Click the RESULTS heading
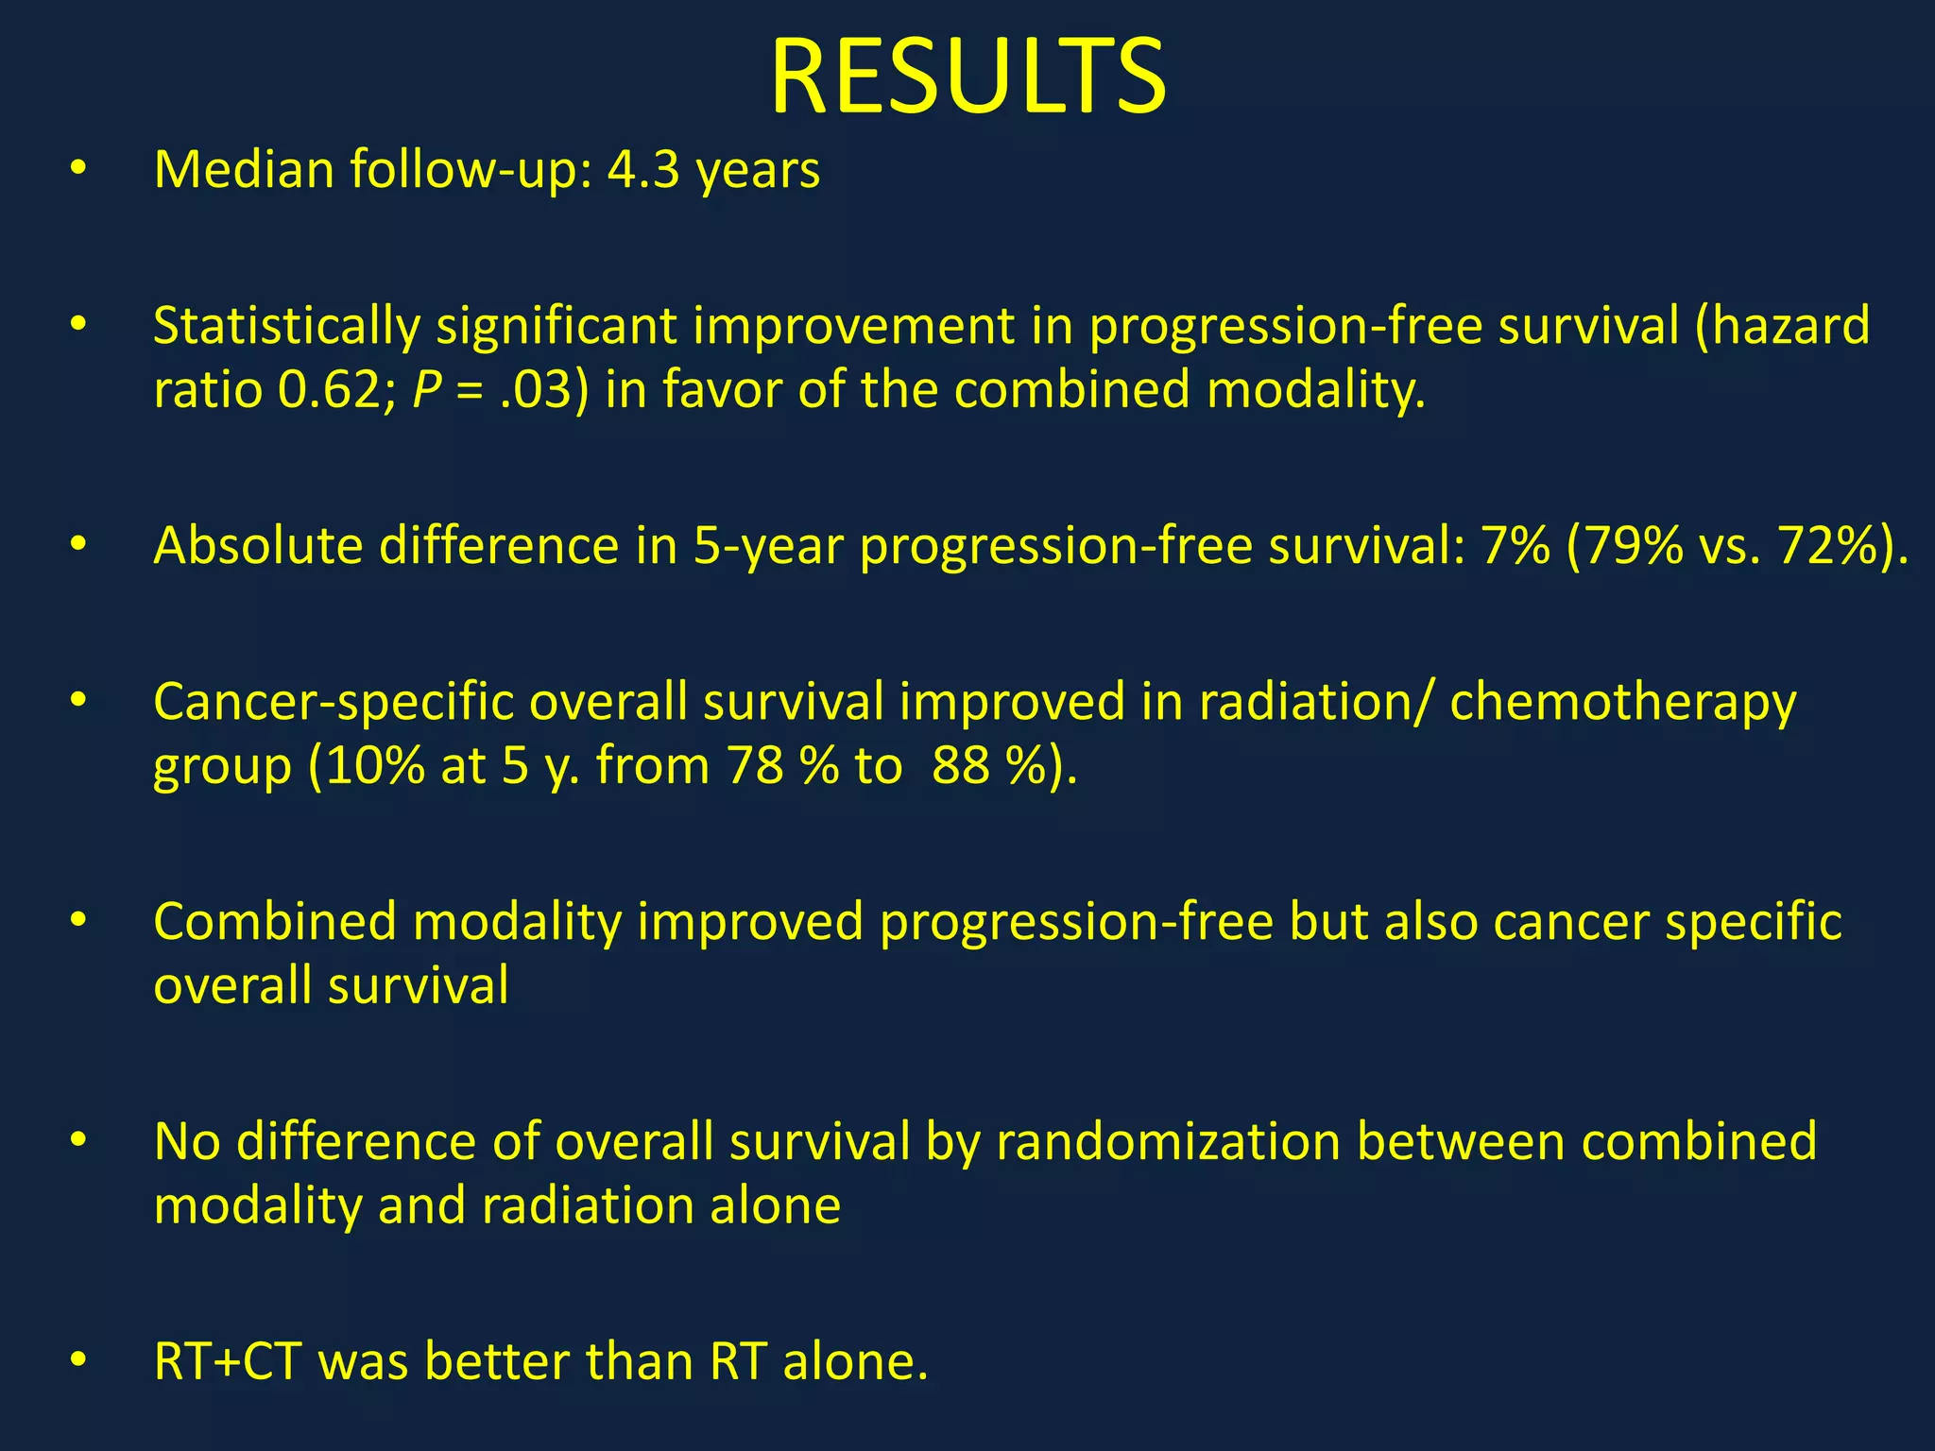(x=967, y=77)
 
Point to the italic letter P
(x=427, y=389)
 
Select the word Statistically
(x=286, y=327)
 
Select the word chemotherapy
(x=1622, y=703)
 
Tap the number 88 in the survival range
(x=960, y=765)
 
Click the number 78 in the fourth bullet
(x=756, y=765)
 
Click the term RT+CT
(x=228, y=1362)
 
